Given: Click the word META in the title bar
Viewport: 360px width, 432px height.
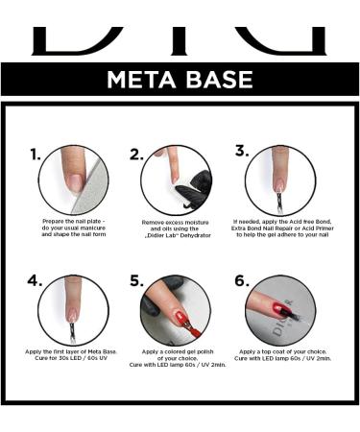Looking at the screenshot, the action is click(x=141, y=80).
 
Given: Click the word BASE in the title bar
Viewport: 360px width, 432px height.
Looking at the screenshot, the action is click(x=220, y=80).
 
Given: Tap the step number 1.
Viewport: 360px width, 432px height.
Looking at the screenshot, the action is click(x=36, y=155).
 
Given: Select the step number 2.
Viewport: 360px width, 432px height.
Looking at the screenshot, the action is click(x=136, y=155).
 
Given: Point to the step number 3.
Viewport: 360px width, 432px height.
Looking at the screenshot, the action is click(x=242, y=151).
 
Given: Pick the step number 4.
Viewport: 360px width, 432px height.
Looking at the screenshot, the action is click(x=35, y=280).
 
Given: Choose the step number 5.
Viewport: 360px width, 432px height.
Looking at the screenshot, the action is click(x=136, y=281).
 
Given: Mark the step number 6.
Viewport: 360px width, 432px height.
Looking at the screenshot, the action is click(x=242, y=280).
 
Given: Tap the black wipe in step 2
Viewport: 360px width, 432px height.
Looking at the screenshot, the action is click(x=195, y=190).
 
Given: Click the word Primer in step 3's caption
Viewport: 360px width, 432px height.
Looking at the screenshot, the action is click(x=324, y=228).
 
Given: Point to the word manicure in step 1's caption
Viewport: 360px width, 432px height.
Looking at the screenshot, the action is click(x=92, y=228).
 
